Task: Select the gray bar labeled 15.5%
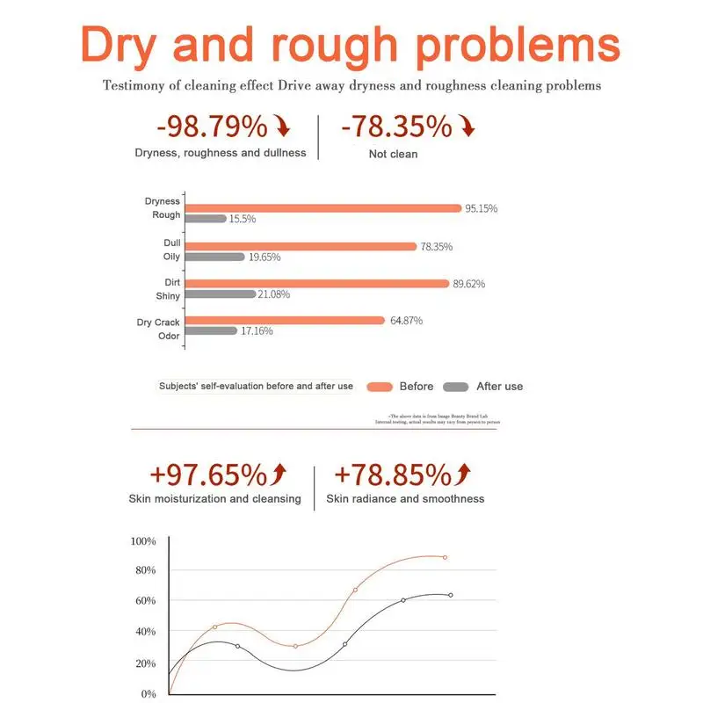(x=207, y=219)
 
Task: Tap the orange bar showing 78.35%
(x=301, y=247)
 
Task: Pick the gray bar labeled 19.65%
(x=215, y=257)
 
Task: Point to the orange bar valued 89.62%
(x=317, y=284)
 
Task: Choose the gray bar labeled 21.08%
(x=221, y=294)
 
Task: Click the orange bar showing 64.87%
(x=285, y=321)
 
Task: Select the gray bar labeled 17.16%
(x=212, y=331)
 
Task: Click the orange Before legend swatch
(x=379, y=387)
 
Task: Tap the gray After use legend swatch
(x=456, y=387)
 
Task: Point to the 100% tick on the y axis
(x=142, y=541)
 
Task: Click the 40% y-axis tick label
(x=145, y=632)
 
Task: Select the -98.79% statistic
(x=211, y=127)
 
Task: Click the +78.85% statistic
(x=390, y=475)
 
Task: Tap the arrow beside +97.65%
(x=280, y=475)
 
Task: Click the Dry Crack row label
(x=158, y=323)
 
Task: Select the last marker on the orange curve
(x=445, y=557)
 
